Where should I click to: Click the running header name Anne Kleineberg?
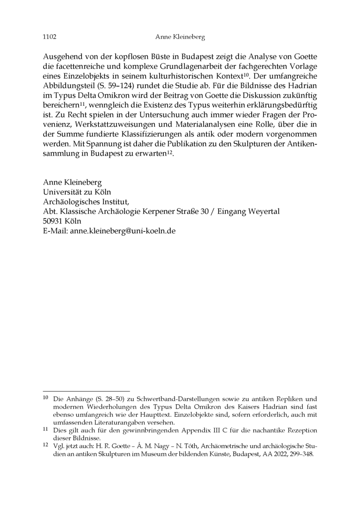click(x=180, y=36)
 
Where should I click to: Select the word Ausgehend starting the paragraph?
click(x=61, y=56)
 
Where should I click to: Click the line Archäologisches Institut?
click(x=85, y=202)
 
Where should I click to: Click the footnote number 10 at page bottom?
click(x=45, y=398)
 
